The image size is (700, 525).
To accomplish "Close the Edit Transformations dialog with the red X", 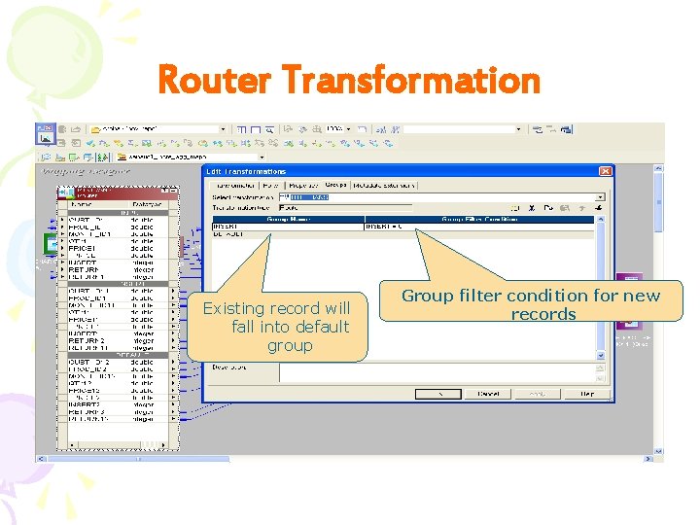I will (605, 171).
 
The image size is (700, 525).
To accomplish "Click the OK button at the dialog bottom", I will (437, 394).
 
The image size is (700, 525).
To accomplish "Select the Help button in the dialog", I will (586, 394).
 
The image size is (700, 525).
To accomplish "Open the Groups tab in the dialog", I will (335, 185).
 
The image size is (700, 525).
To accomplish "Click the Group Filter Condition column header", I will (476, 219).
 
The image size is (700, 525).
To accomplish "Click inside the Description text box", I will (437, 372).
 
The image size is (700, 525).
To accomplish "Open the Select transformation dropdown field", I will (437, 196).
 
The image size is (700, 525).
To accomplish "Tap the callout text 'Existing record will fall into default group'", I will (276, 327).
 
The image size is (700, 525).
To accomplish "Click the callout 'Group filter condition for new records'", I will (543, 304).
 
